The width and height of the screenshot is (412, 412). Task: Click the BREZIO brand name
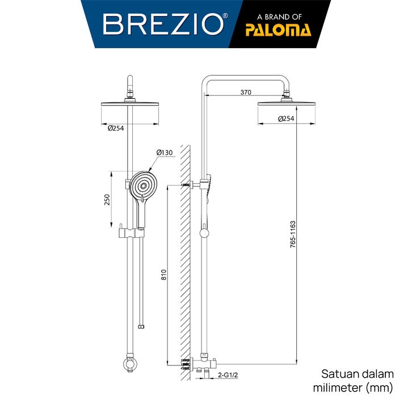(x=163, y=24)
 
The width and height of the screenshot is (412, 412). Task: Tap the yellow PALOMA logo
(x=278, y=30)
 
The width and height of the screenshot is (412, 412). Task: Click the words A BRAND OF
(x=279, y=17)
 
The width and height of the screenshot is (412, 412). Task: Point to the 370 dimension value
(x=246, y=93)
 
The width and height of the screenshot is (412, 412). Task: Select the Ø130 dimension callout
(x=165, y=153)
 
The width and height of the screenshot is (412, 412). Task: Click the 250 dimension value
(x=107, y=200)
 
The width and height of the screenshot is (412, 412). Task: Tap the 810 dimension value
(x=163, y=275)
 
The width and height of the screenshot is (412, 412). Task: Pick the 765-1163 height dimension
(x=293, y=234)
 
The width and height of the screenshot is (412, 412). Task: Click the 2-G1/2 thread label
(x=228, y=375)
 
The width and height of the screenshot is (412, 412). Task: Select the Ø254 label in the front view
(x=116, y=128)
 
